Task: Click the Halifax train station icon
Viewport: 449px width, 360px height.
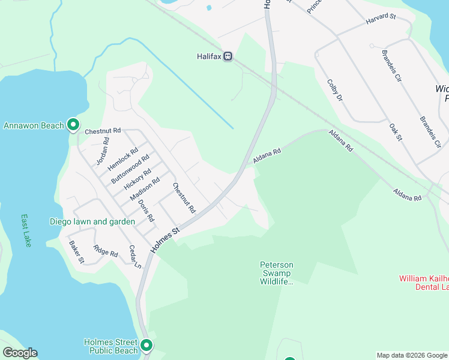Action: point(228,56)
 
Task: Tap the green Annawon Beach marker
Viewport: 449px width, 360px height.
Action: point(73,125)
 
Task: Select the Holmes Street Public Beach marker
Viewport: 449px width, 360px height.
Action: point(146,346)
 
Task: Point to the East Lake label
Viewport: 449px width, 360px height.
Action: point(26,230)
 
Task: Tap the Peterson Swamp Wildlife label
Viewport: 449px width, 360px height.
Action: point(276,273)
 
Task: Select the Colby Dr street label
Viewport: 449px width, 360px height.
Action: point(334,90)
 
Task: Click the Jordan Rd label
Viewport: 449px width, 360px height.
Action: point(103,152)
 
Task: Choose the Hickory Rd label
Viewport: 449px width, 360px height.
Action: point(137,179)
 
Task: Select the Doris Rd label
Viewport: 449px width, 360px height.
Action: point(146,210)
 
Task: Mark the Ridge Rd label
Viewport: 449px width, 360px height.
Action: point(106,250)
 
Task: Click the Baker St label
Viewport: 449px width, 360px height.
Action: point(76,252)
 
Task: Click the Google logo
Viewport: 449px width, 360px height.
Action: point(20,353)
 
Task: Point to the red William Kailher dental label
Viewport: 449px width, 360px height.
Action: point(424,283)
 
